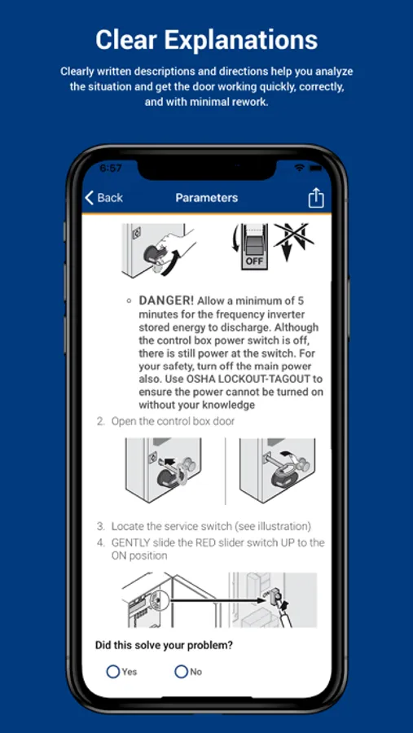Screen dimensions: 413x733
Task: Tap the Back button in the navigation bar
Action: pos(103,198)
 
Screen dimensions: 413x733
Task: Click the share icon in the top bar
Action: pos(316,198)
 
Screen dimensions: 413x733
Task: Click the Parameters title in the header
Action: pos(207,198)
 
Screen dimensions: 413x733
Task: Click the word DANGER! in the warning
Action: pos(166,301)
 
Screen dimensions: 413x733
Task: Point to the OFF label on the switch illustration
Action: pos(254,261)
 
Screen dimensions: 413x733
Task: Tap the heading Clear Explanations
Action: pos(206,40)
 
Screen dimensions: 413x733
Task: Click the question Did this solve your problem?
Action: pos(165,646)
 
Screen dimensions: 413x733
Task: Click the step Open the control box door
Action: pos(173,421)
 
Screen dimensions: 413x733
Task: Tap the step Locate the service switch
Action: pos(171,526)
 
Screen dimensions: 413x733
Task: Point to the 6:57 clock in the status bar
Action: pos(111,169)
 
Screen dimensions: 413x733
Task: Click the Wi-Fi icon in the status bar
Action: pos(299,168)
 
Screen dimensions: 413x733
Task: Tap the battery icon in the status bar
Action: pos(316,168)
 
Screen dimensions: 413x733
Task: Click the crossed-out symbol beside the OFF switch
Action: pos(294,242)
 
